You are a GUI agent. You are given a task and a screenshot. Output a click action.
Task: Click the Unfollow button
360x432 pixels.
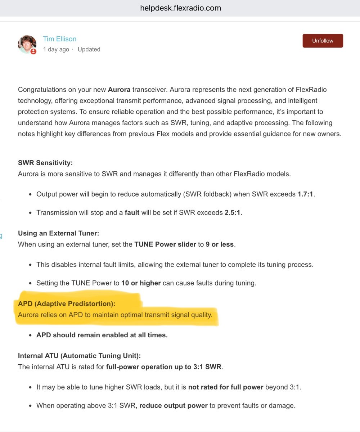[x=323, y=41]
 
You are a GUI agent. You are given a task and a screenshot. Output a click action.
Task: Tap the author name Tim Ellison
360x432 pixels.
[x=60, y=39]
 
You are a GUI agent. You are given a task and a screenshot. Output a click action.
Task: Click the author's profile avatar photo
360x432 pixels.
[x=27, y=44]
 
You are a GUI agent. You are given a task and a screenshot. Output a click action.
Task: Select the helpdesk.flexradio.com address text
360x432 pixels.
[x=180, y=8]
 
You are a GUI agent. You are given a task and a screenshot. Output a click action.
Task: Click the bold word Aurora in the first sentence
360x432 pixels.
[x=119, y=89]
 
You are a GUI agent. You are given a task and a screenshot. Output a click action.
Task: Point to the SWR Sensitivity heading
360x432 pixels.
[x=45, y=163]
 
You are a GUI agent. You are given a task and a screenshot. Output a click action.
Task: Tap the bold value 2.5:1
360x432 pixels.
[x=233, y=212]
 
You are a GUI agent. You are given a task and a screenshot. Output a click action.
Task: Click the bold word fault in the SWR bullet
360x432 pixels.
[x=132, y=212]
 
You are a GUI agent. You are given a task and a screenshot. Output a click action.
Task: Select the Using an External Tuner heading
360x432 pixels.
[x=58, y=233]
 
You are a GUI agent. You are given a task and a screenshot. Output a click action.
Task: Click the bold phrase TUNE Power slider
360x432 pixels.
[x=165, y=244]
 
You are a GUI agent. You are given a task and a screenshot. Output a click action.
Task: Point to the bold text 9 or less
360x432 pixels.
[x=220, y=244]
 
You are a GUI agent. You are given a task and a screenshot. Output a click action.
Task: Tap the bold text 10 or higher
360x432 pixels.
[x=141, y=283]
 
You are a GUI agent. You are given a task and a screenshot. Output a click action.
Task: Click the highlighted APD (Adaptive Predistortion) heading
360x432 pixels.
[x=67, y=304]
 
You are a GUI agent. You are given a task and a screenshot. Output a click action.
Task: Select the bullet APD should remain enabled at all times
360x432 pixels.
[x=102, y=335]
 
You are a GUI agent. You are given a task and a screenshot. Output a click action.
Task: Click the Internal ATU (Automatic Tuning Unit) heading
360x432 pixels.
[x=79, y=356]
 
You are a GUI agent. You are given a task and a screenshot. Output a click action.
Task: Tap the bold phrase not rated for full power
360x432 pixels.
[x=226, y=387]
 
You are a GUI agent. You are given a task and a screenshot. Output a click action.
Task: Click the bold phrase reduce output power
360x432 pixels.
[x=174, y=405]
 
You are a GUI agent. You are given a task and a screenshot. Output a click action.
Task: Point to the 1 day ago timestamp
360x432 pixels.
[x=56, y=49]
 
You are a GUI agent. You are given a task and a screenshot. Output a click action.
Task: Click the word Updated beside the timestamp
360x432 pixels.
[x=89, y=49]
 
